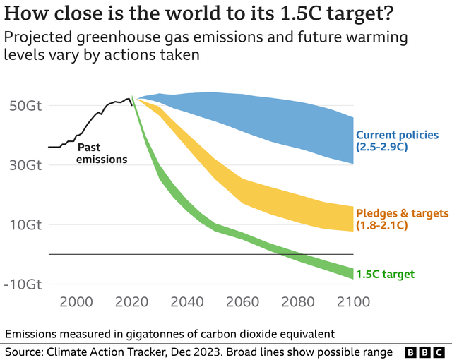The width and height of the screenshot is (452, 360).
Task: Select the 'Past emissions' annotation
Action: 102,153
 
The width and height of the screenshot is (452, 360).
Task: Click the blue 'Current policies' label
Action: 397,135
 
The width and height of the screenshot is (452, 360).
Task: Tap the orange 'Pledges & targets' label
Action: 402,213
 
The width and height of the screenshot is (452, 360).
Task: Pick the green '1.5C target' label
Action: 385,275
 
